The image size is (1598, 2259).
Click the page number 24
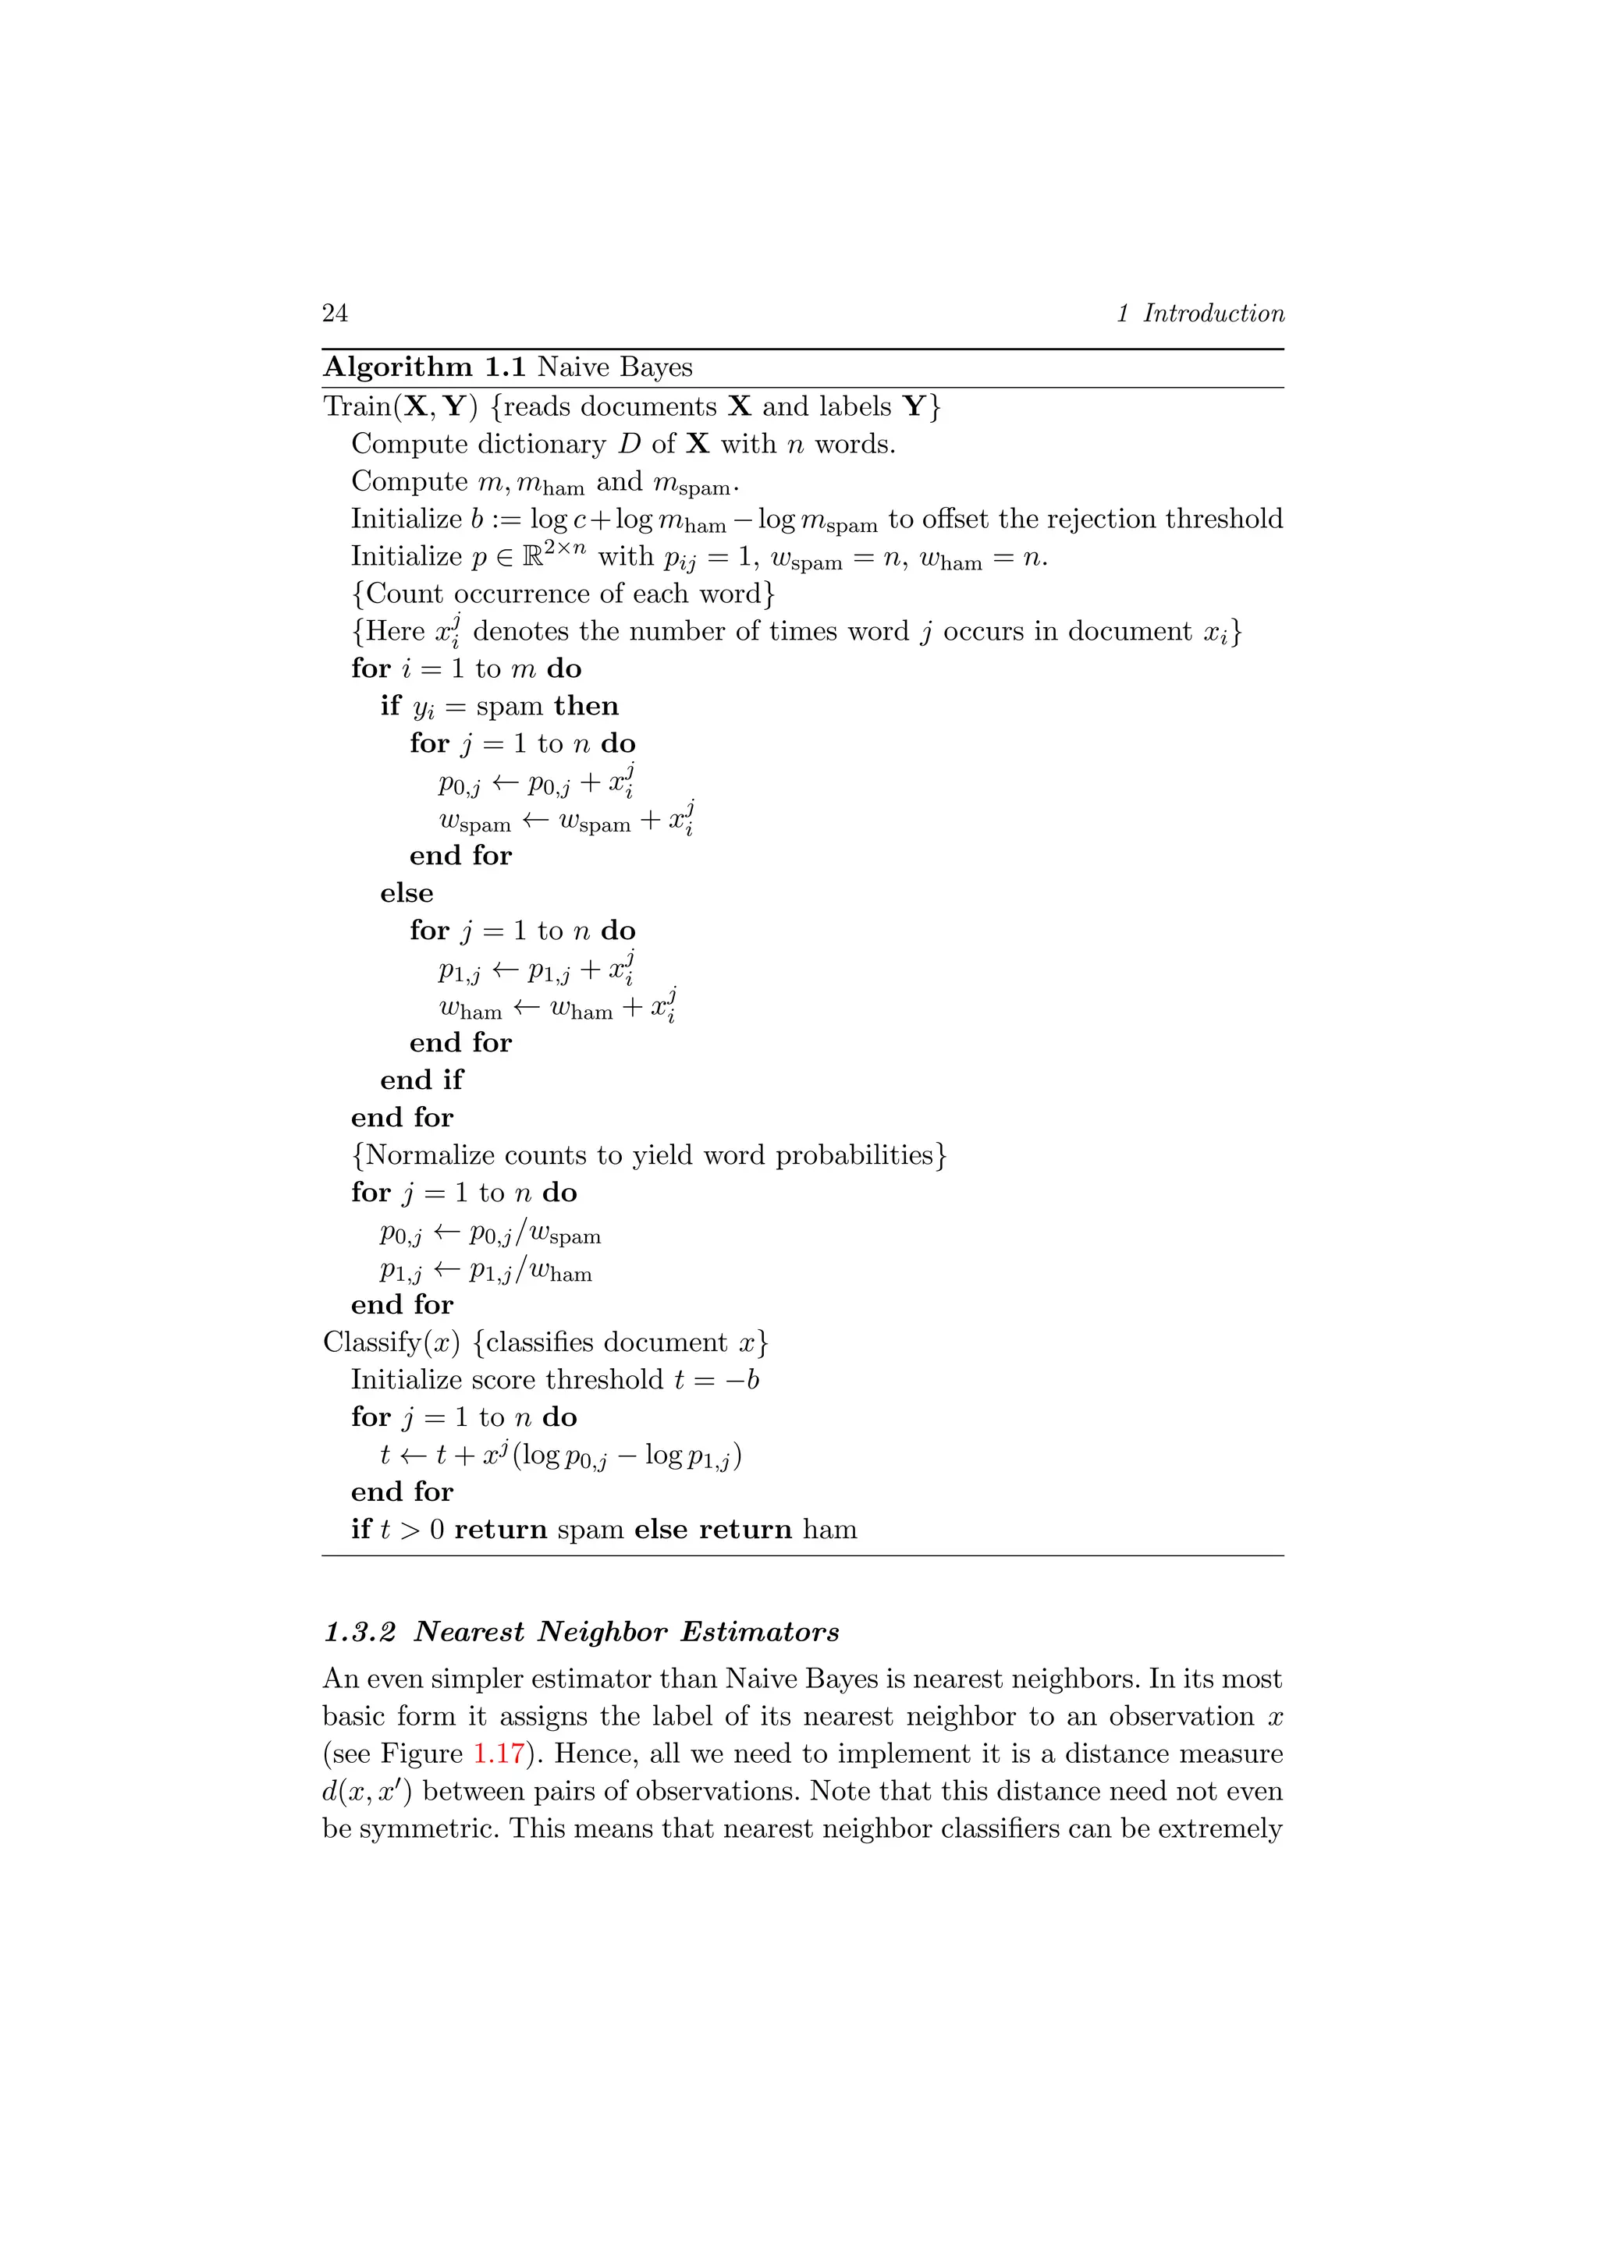335,313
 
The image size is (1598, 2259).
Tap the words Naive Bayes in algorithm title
614,367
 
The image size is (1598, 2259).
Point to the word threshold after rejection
1224,519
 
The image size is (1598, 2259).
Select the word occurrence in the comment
509,594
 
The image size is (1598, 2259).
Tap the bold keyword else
407,892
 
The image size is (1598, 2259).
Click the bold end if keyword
421,1080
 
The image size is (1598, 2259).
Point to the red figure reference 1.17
498,1754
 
